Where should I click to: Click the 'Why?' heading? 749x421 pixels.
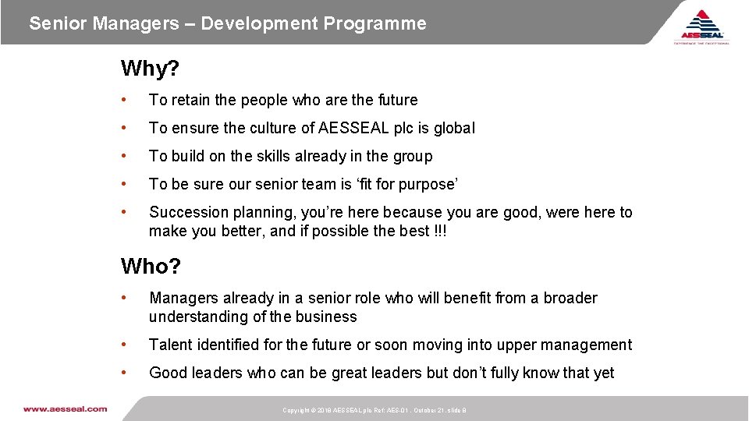(150, 69)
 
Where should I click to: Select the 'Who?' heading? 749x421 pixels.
(151, 267)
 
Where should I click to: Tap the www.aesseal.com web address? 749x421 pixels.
(65, 409)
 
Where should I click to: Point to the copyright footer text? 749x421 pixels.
(374, 410)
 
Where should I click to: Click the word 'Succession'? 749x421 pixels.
(185, 212)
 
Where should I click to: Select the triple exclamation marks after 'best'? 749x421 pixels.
(441, 231)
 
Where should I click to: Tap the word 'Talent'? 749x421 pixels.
(170, 345)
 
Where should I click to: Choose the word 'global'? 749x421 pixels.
(453, 128)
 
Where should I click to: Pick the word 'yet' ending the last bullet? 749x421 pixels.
(603, 373)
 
